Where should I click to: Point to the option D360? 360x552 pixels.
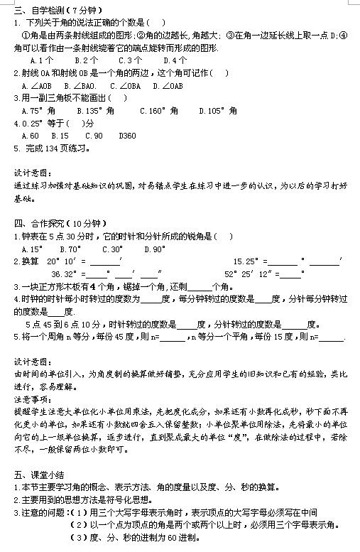pyautogui.click(x=128, y=136)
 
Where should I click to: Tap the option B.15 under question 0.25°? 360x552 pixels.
pyautogui.click(x=60, y=136)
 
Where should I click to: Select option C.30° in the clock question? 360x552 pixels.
pyautogui.click(x=112, y=249)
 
